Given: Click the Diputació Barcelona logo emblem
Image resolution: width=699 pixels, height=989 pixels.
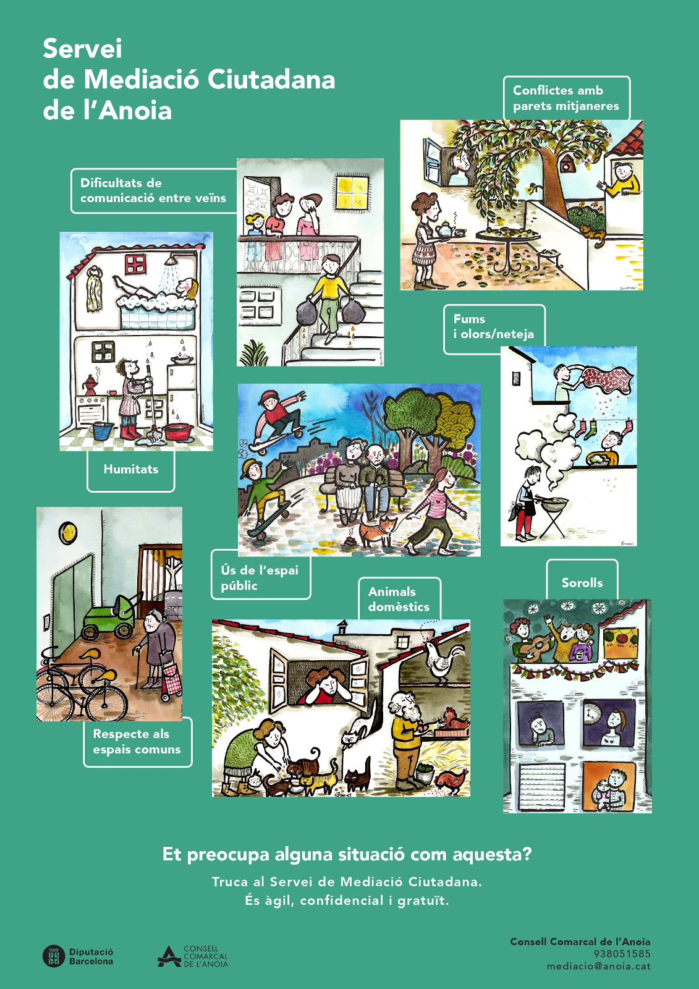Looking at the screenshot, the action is point(53,956).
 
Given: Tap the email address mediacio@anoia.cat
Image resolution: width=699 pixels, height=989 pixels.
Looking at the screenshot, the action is point(598,966).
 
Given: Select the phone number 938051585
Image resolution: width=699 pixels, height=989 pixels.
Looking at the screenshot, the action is point(622,954).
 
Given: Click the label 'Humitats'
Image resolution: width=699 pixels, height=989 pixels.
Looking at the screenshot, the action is point(130,469).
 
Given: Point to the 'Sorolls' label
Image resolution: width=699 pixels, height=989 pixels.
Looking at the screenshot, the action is point(582,583).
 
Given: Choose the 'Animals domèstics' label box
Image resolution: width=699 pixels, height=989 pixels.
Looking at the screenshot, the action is point(399,599).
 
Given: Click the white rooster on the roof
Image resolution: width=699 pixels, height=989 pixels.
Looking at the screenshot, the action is point(443,661).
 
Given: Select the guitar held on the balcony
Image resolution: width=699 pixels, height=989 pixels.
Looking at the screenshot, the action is point(535,645).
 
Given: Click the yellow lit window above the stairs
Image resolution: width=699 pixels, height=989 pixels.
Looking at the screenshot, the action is point(352,192).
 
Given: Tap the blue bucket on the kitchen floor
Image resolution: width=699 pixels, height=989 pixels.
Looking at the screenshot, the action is point(103,430).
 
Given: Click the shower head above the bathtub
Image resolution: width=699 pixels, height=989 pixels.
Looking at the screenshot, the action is point(171,260).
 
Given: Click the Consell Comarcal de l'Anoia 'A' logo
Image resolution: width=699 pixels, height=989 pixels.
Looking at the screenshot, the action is point(169,956).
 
